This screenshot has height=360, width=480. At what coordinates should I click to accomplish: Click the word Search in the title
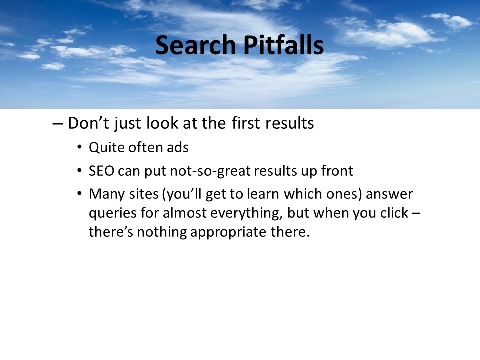(x=196, y=45)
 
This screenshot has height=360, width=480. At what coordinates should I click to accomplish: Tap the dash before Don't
(x=57, y=124)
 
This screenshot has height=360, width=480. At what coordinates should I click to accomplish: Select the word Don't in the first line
(x=89, y=123)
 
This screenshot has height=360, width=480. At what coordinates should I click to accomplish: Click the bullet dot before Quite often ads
(x=79, y=147)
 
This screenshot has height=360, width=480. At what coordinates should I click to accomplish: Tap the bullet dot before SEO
(x=79, y=170)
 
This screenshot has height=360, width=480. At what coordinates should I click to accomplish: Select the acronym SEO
(x=102, y=171)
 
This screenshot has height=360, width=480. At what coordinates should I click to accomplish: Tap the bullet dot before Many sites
(x=79, y=194)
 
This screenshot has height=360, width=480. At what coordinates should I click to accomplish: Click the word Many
(x=107, y=194)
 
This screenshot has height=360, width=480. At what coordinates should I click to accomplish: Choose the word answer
(x=389, y=194)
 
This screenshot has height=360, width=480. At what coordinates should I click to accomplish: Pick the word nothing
(x=162, y=232)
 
